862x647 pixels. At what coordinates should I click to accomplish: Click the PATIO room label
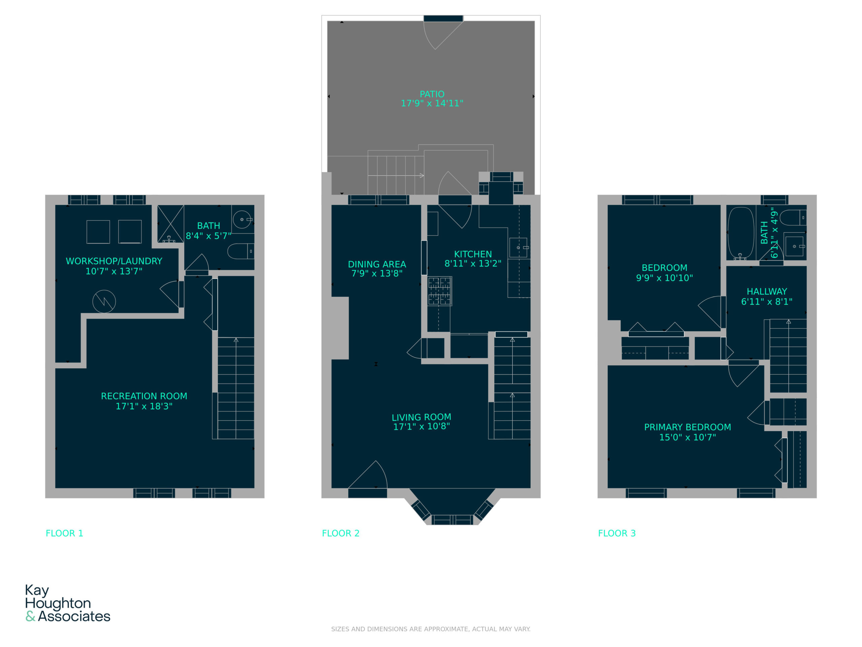(432, 94)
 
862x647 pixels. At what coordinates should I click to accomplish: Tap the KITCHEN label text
(473, 254)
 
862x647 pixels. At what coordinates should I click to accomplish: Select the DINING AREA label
(377, 264)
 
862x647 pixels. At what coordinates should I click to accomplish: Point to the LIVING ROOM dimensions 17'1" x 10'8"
(421, 426)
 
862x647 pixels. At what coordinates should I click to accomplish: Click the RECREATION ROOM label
(144, 396)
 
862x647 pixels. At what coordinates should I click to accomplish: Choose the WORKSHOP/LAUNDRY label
(114, 261)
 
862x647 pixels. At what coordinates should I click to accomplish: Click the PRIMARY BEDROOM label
(688, 427)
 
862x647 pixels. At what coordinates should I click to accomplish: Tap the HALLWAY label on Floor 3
(766, 291)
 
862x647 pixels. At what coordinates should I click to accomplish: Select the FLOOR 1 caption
(64, 533)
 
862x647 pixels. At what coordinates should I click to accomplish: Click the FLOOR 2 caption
(341, 533)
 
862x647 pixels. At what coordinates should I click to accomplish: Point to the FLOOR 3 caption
(617, 533)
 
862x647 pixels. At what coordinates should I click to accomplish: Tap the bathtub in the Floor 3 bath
(740, 233)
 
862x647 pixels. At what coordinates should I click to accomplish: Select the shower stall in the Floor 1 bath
(170, 224)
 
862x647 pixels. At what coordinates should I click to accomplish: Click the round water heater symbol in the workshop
(104, 302)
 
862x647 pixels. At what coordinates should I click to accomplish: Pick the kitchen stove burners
(439, 291)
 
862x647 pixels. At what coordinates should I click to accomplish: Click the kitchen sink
(518, 247)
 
